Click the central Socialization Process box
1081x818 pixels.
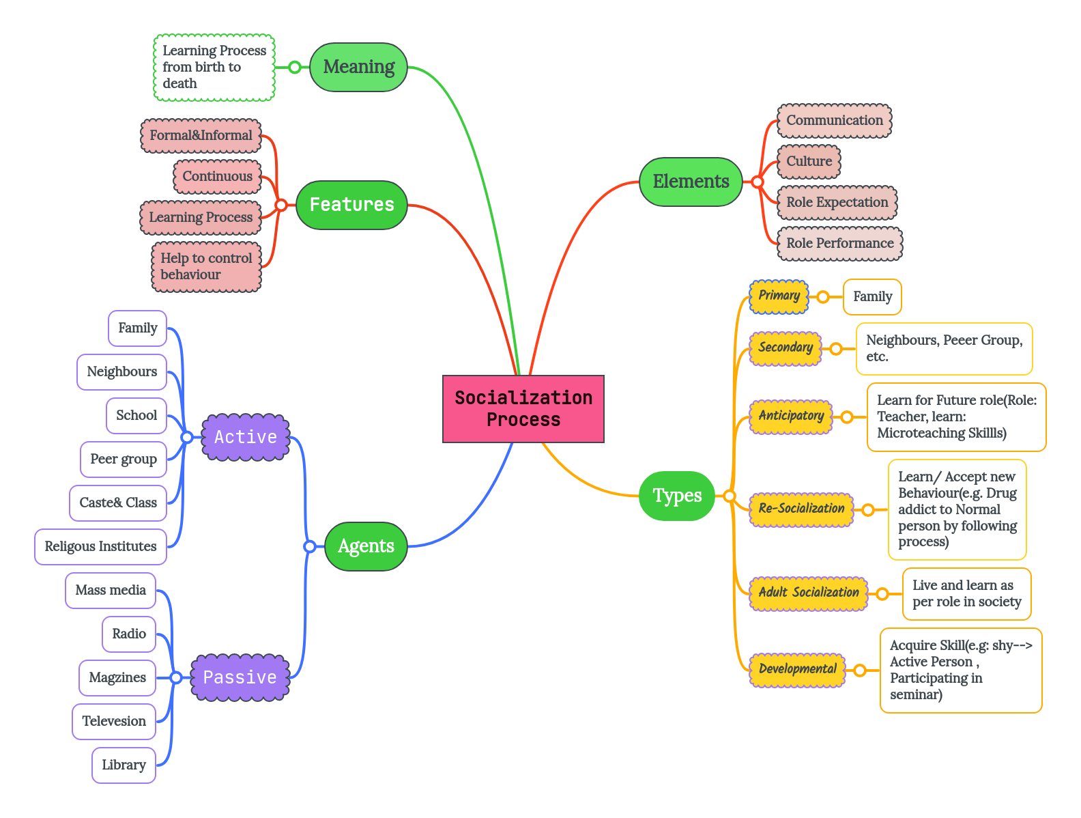point(523,408)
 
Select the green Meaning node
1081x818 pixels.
point(358,67)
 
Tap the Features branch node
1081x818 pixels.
point(351,204)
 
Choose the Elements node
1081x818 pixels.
point(691,182)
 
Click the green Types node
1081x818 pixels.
point(676,496)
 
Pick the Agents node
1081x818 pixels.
point(366,546)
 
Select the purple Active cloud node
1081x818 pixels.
point(246,437)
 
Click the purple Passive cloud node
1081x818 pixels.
point(240,677)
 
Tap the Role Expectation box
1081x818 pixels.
point(837,202)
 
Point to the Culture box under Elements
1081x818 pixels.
point(809,161)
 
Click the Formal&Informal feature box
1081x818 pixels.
point(201,135)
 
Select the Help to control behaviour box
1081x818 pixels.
point(206,266)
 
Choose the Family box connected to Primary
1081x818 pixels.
point(872,296)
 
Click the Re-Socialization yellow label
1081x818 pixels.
point(801,509)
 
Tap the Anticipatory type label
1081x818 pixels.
point(791,416)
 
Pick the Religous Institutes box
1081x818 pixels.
point(100,546)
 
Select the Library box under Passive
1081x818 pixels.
point(124,765)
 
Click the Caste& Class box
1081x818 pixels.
point(118,503)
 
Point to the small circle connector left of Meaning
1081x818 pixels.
point(294,67)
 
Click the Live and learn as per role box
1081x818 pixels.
point(966,593)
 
